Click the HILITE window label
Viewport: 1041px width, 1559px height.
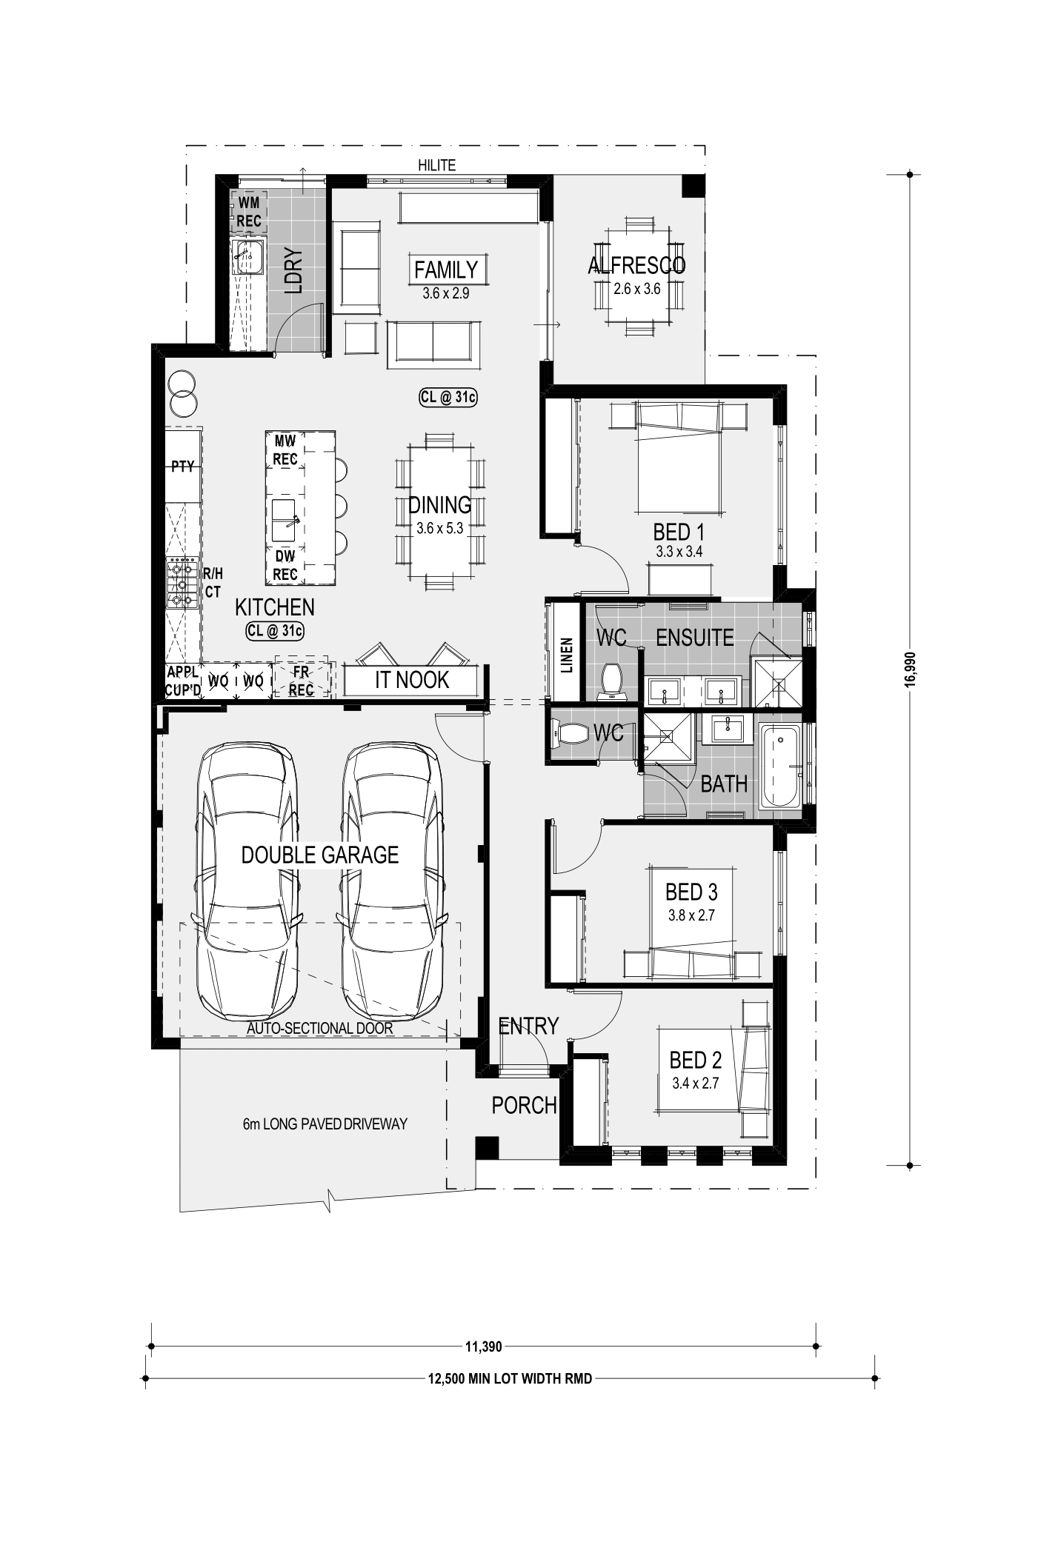click(x=436, y=165)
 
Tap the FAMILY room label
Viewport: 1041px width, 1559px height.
click(x=446, y=270)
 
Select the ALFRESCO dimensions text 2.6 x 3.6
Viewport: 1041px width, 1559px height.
click(x=636, y=289)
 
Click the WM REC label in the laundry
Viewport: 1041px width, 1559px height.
click(x=249, y=210)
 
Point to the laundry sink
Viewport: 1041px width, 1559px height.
click(x=247, y=257)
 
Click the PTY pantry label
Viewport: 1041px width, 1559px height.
click(x=182, y=467)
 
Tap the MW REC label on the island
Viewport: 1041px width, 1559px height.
click(x=285, y=450)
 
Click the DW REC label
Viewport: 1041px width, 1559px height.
click(x=285, y=565)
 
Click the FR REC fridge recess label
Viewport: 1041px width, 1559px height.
click(x=301, y=681)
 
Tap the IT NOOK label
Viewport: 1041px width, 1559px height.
click(x=412, y=680)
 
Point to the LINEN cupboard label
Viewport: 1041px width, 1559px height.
click(x=567, y=654)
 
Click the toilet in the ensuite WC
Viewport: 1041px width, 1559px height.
click(x=611, y=681)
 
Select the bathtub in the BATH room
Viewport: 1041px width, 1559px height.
click(x=779, y=766)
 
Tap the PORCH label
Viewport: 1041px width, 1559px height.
click(x=524, y=1106)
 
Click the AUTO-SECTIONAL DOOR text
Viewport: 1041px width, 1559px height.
click(x=319, y=1029)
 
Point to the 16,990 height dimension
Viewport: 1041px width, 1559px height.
click(x=908, y=670)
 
